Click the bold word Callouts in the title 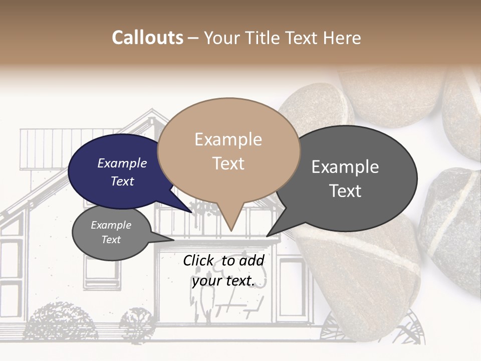tap(147, 38)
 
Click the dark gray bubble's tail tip tap(267, 236)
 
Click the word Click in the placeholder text tap(198, 260)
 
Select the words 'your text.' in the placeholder tap(223, 281)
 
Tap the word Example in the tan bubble tap(228, 139)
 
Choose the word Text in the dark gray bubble tap(345, 191)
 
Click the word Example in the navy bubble tap(122, 163)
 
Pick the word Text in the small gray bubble tap(111, 240)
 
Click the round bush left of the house tap(60, 321)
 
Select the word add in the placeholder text tap(252, 260)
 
